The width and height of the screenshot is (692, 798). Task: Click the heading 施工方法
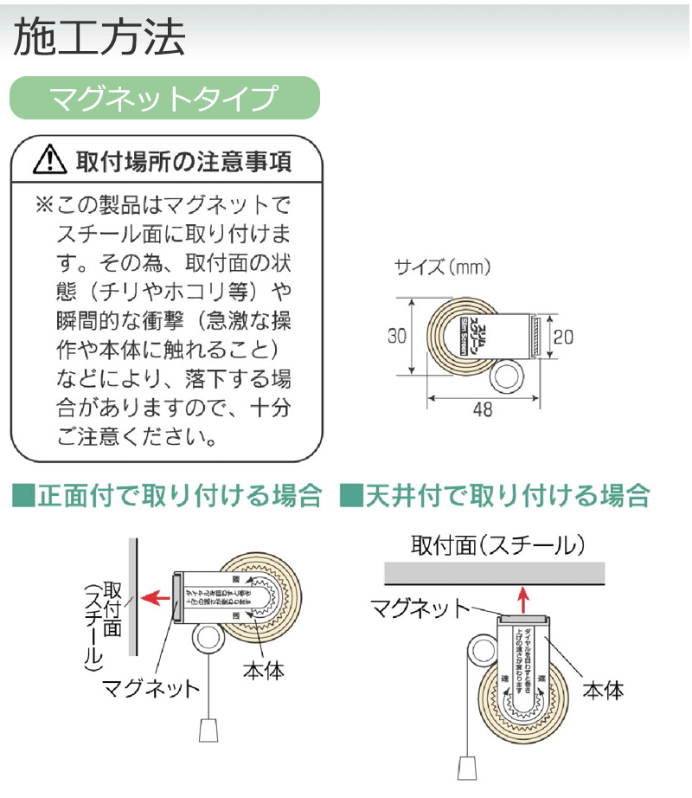[99, 38]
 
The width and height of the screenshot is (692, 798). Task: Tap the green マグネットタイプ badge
[164, 98]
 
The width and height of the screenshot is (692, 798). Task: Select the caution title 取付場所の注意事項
[183, 161]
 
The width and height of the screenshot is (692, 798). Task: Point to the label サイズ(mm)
[442, 267]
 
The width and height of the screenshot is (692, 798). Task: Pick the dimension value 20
[562, 337]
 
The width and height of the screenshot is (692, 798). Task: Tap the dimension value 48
[484, 410]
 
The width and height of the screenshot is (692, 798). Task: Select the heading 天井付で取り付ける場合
[496, 496]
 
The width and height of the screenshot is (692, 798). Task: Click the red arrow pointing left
[153, 596]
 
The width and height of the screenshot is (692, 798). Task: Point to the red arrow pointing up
[521, 596]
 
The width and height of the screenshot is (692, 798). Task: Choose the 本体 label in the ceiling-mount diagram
[604, 690]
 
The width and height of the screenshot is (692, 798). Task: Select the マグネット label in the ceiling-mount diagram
[421, 607]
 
